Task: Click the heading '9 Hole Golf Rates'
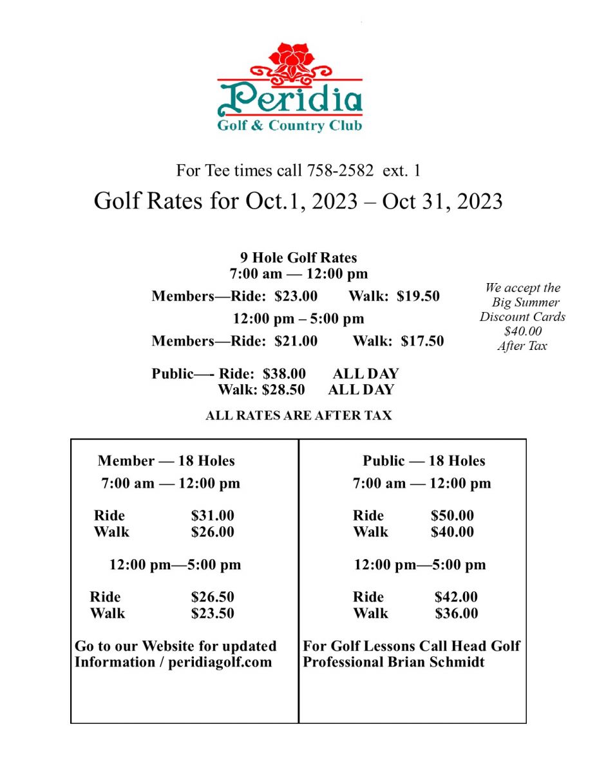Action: click(x=298, y=258)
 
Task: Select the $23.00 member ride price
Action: click(x=296, y=297)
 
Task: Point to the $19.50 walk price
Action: click(x=418, y=297)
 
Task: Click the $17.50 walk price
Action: click(x=422, y=341)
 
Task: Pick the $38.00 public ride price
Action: click(x=284, y=374)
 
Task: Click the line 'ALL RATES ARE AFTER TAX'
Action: click(x=298, y=416)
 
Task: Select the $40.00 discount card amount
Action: click(x=522, y=331)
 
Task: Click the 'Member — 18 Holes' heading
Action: click(x=166, y=461)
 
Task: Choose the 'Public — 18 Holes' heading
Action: click(x=424, y=461)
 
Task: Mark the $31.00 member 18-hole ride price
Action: click(x=213, y=516)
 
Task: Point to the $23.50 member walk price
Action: click(x=213, y=613)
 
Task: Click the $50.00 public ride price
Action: click(x=452, y=516)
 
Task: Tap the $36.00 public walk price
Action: click(x=456, y=613)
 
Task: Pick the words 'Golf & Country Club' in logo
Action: click(x=289, y=125)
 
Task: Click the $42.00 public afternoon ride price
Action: click(x=456, y=597)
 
